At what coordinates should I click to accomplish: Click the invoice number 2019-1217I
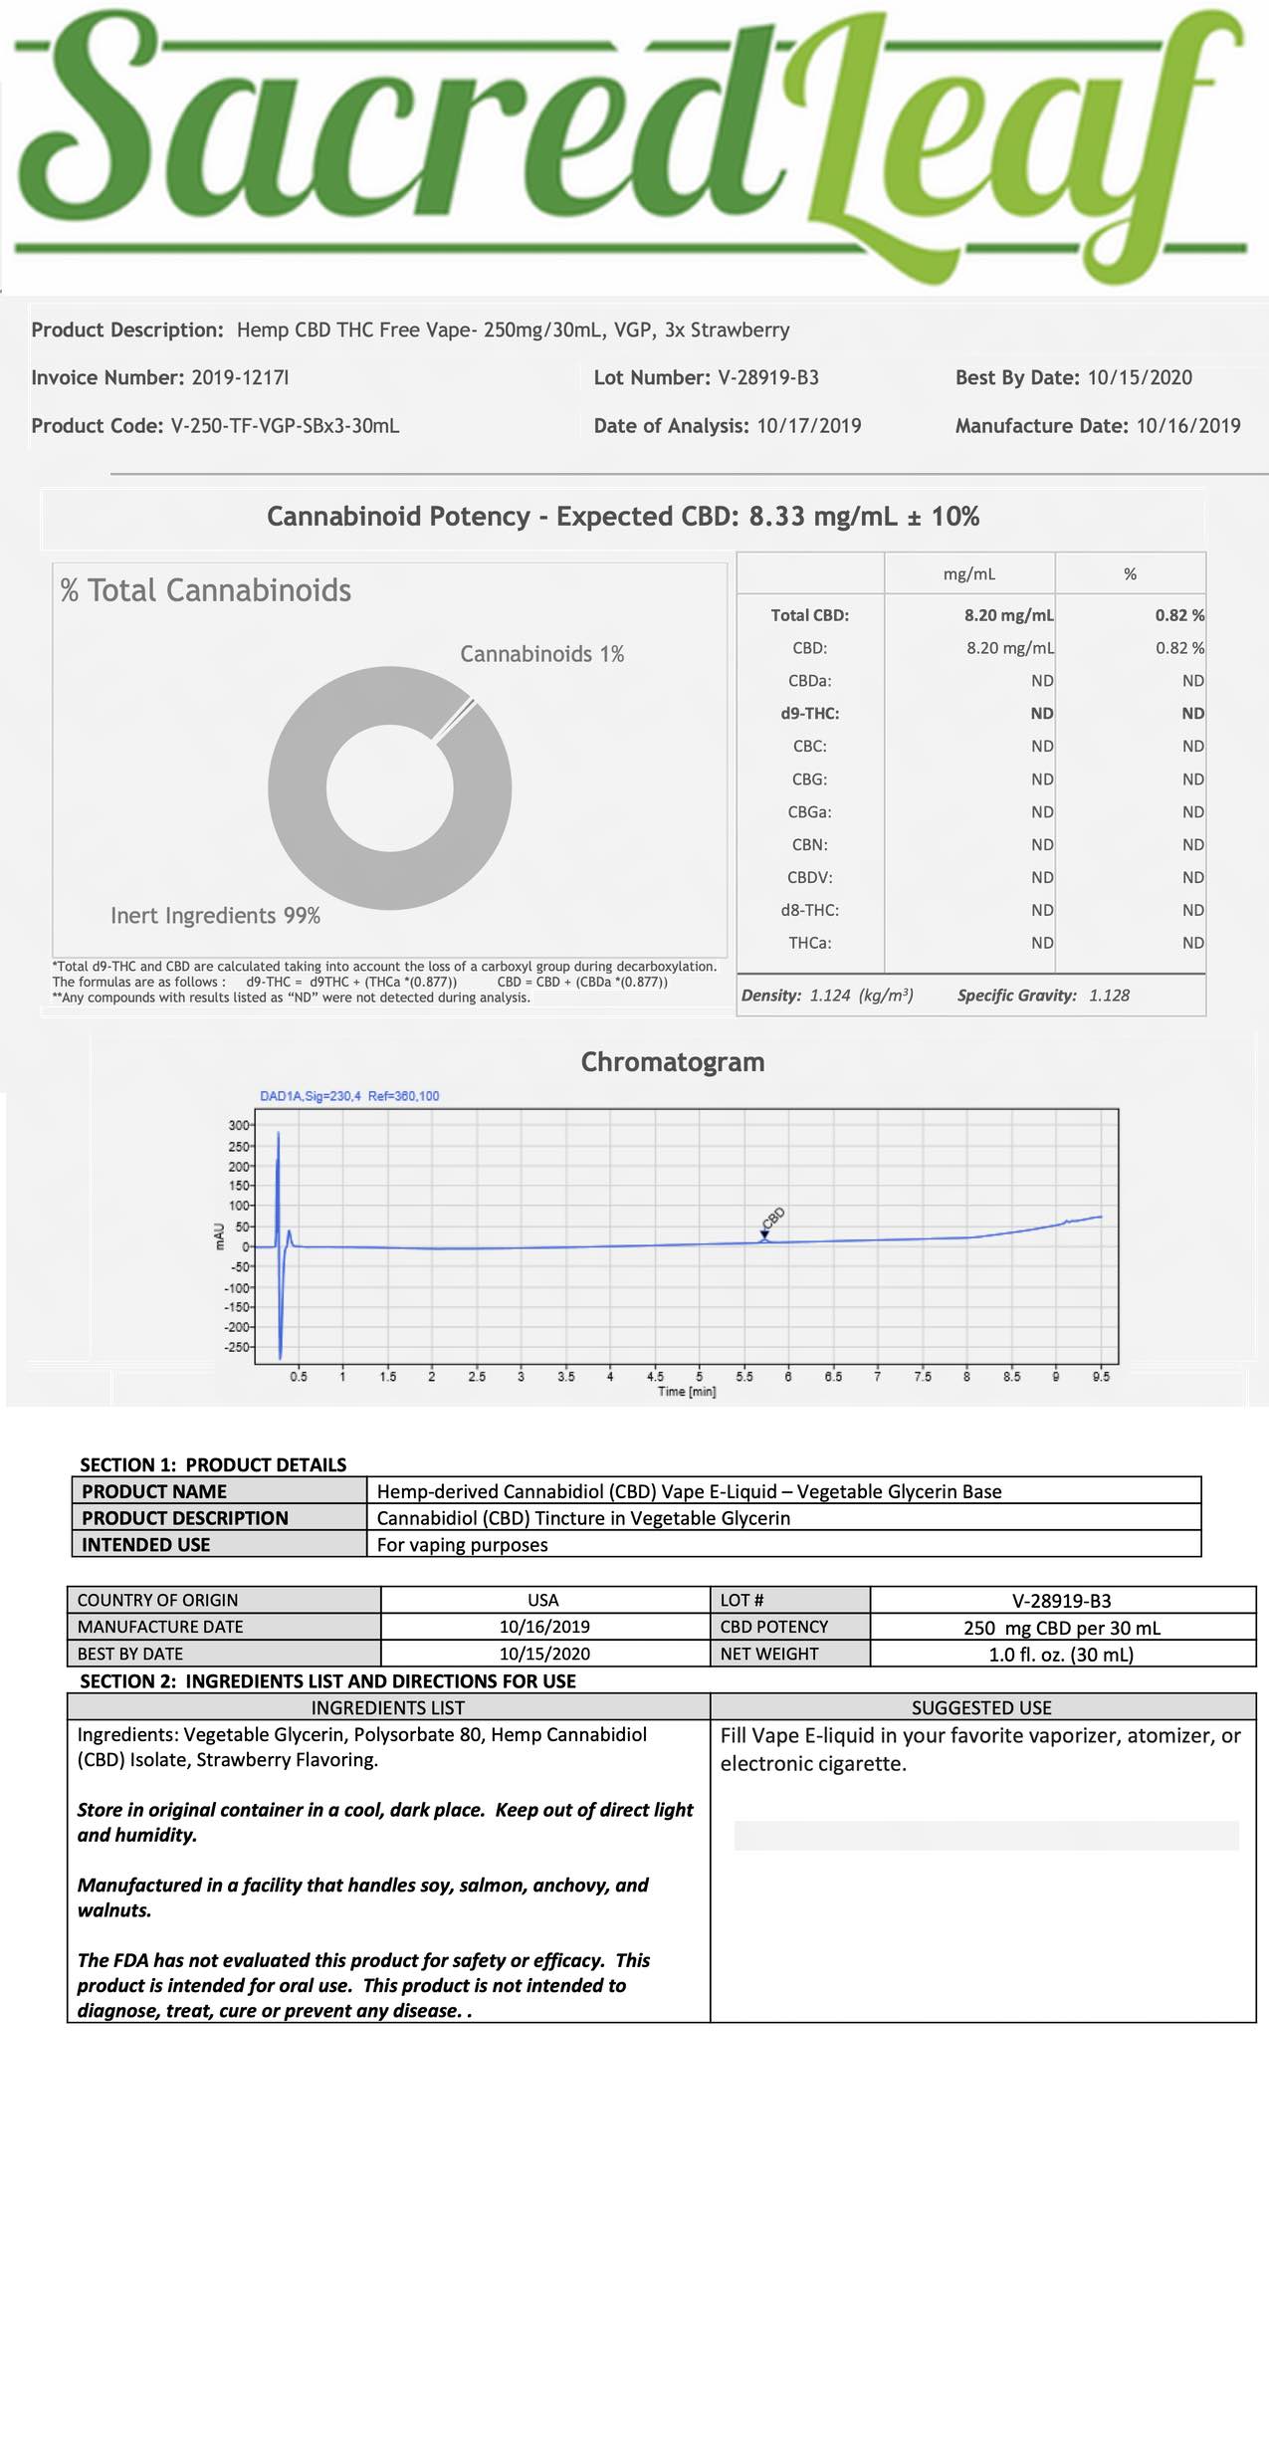[x=240, y=378]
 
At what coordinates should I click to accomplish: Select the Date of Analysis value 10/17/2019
[x=808, y=426]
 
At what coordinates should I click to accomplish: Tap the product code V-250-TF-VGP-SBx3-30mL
[x=285, y=426]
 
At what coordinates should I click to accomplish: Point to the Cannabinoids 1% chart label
[x=541, y=654]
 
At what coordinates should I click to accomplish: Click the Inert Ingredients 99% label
[x=215, y=916]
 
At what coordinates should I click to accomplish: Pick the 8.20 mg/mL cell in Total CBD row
[x=1008, y=615]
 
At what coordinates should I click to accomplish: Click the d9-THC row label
[x=809, y=714]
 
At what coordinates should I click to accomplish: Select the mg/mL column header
[x=968, y=574]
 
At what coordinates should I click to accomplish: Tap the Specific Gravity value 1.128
[x=1109, y=996]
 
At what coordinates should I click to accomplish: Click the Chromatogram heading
[x=673, y=1062]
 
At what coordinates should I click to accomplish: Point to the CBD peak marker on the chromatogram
[x=764, y=1234]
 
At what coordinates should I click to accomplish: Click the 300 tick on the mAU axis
[x=239, y=1125]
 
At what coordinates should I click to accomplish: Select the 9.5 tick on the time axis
[x=1101, y=1377]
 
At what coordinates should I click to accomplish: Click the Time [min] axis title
[x=687, y=1392]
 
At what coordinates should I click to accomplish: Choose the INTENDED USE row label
[x=145, y=1545]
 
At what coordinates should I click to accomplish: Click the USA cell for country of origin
[x=543, y=1600]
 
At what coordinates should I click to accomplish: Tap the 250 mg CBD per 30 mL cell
[x=1062, y=1628]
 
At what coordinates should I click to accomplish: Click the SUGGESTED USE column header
[x=981, y=1708]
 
